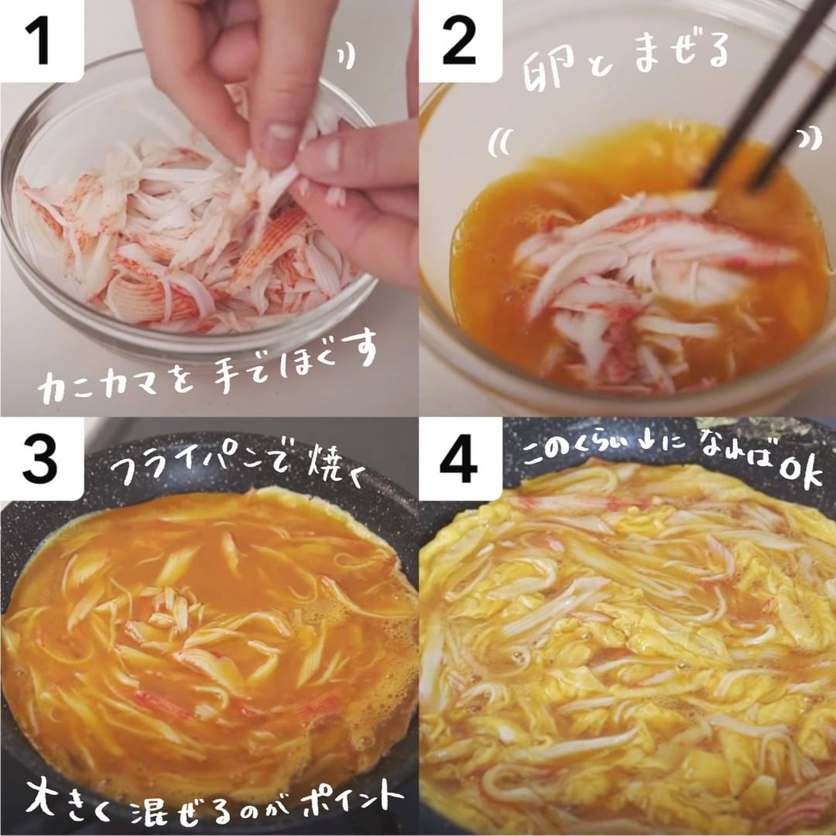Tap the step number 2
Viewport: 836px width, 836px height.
click(458, 40)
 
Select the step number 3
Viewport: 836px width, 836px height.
click(39, 459)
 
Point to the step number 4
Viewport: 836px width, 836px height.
click(458, 459)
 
